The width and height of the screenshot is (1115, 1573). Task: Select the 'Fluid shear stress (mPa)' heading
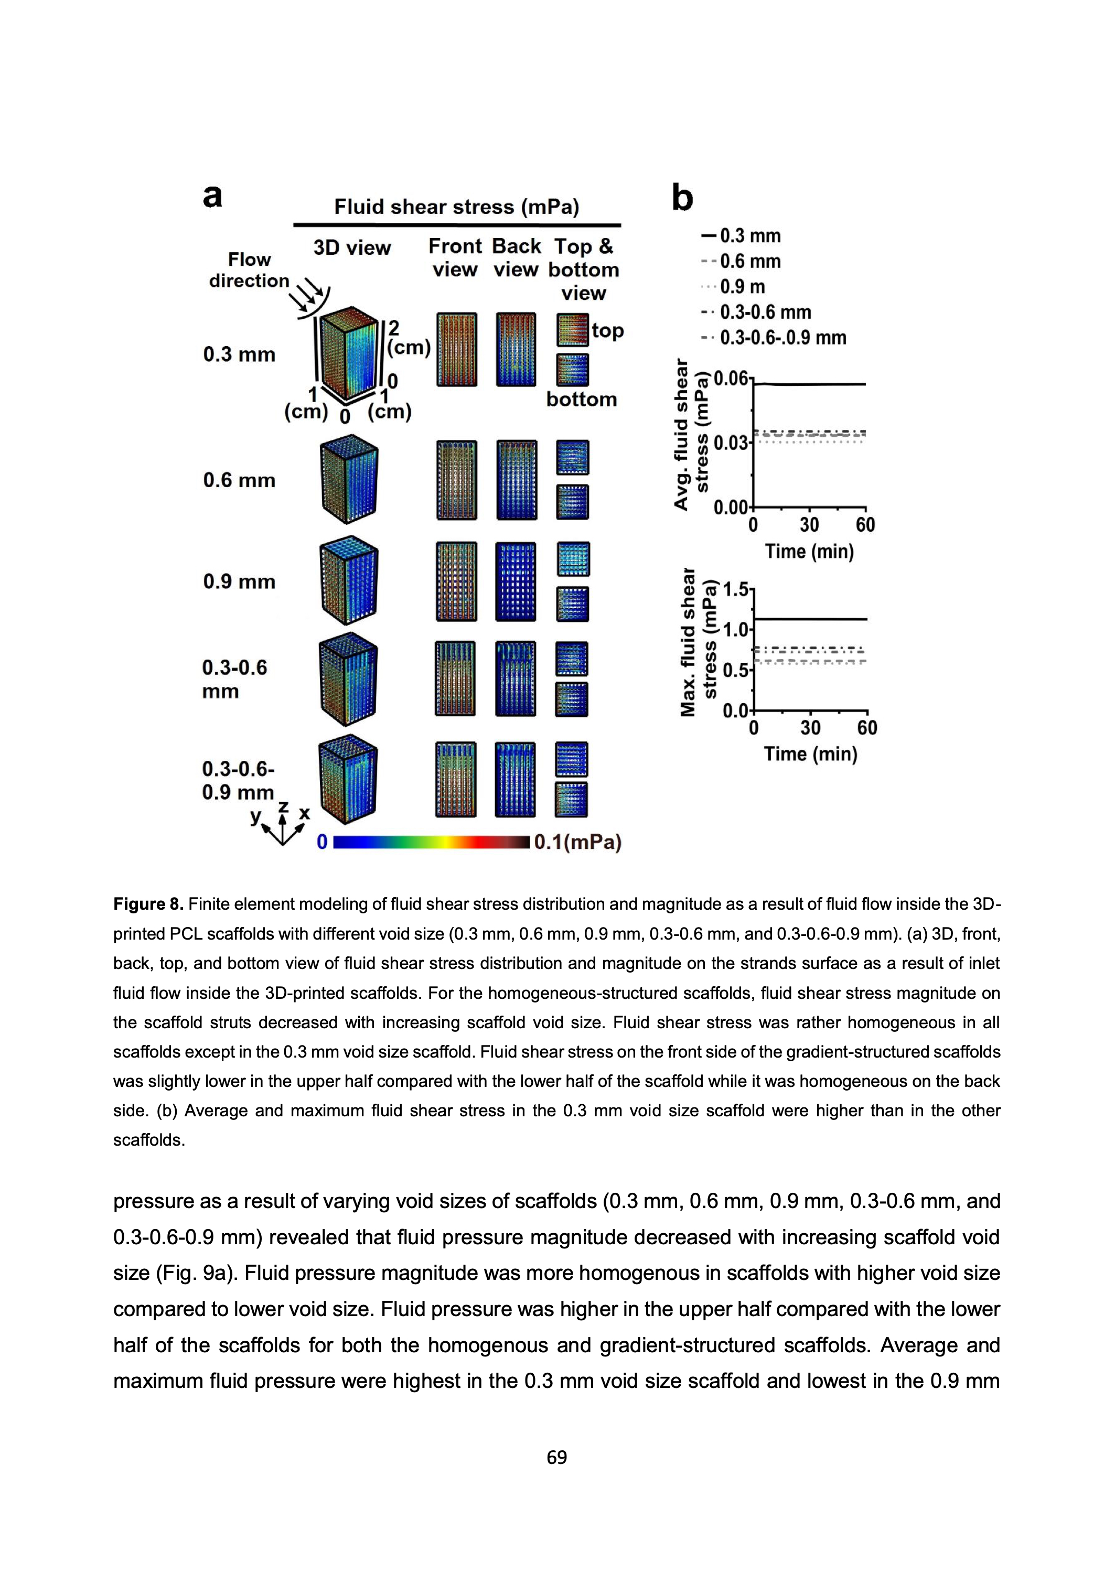(x=457, y=207)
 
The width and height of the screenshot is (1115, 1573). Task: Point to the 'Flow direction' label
(x=249, y=270)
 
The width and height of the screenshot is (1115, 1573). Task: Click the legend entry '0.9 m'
(x=742, y=287)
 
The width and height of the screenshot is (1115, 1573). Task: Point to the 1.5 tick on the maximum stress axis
(x=737, y=589)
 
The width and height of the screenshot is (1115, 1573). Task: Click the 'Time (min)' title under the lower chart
(x=810, y=753)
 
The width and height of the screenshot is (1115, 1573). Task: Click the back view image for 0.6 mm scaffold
(x=516, y=480)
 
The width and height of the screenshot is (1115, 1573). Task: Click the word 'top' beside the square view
(x=608, y=331)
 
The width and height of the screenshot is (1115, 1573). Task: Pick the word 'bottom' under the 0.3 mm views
(x=581, y=400)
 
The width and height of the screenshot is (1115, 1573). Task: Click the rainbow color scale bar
(x=431, y=842)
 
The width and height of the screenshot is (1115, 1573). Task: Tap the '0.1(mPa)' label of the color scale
(x=577, y=842)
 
